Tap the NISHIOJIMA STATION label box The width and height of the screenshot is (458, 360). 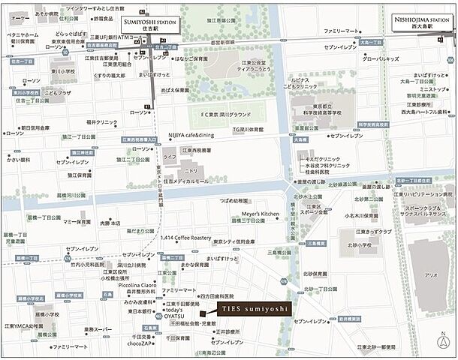pos(422,22)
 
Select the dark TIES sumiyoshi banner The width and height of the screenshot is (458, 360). pos(246,310)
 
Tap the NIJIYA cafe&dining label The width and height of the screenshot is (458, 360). pos(191,135)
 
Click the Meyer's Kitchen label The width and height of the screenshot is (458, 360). pos(259,214)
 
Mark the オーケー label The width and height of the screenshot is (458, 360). pos(21,16)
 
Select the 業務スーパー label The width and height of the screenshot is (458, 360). pos(99,328)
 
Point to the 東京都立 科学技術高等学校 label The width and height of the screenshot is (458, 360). pos(327,105)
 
